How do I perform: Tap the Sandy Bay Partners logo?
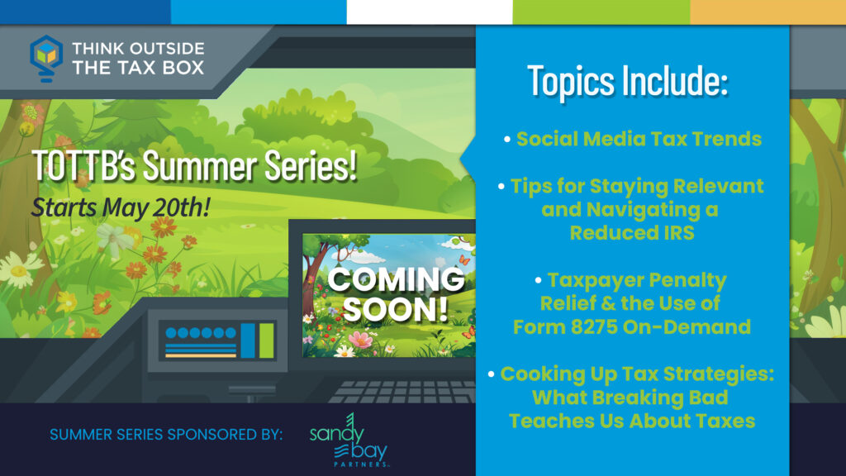click(x=349, y=440)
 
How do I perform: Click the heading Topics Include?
click(x=628, y=81)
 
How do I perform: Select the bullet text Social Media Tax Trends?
click(x=639, y=139)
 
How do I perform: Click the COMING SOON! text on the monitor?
click(x=396, y=294)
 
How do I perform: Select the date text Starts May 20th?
click(x=121, y=207)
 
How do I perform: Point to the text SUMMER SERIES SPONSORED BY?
click(x=166, y=435)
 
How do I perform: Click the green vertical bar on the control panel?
click(x=267, y=340)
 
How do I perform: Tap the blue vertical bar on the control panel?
click(x=248, y=340)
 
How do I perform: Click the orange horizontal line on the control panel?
click(x=201, y=355)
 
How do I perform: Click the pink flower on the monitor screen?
click(x=360, y=340)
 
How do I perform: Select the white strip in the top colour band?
click(x=430, y=12)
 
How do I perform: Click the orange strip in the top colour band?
click(x=768, y=12)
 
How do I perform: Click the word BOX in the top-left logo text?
click(x=185, y=68)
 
